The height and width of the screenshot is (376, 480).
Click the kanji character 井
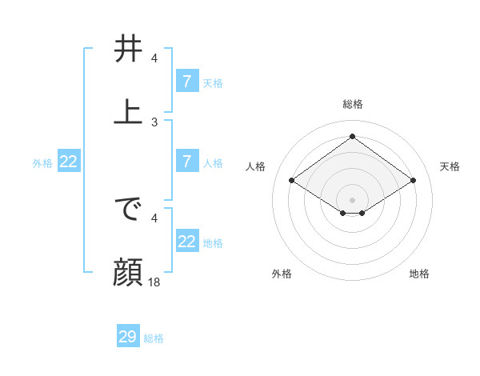pos(128,50)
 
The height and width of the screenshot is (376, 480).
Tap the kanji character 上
pos(128,111)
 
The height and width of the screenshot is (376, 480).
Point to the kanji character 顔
pos(128,273)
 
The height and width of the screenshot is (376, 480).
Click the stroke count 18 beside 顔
pos(155,282)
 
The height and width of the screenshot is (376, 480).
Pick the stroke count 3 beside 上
pos(154,122)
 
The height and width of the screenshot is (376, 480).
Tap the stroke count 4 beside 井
pos(154,58)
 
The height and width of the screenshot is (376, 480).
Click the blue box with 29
pos(128,337)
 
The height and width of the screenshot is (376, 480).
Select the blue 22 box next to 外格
pos(69,162)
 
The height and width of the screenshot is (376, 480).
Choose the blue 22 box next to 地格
pos(186,242)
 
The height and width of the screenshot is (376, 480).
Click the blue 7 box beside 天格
pos(186,81)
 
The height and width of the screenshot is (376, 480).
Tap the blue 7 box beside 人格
pos(186,162)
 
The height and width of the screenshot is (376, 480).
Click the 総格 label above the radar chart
pos(353,104)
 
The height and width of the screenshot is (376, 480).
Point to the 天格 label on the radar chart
pos(450,166)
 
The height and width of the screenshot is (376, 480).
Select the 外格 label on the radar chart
pos(282,274)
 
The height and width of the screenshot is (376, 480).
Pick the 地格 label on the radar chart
pos(419,274)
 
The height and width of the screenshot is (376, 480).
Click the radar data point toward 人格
pos(292,181)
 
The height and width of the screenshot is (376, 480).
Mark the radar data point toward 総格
pos(353,137)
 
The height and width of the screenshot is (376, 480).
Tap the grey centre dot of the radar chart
pos(353,199)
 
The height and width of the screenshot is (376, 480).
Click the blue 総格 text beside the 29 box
pos(154,338)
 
